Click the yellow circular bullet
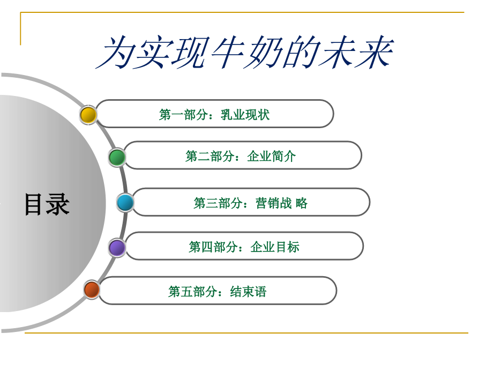click(88, 115)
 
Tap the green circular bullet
click(117, 157)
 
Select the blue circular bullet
click(125, 203)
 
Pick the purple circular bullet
click(117, 248)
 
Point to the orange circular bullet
click(92, 290)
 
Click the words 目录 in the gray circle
click(47, 204)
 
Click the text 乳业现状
click(245, 115)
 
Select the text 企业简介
click(271, 157)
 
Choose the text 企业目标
click(274, 247)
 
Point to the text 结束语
click(248, 292)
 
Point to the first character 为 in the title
click(115, 54)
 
